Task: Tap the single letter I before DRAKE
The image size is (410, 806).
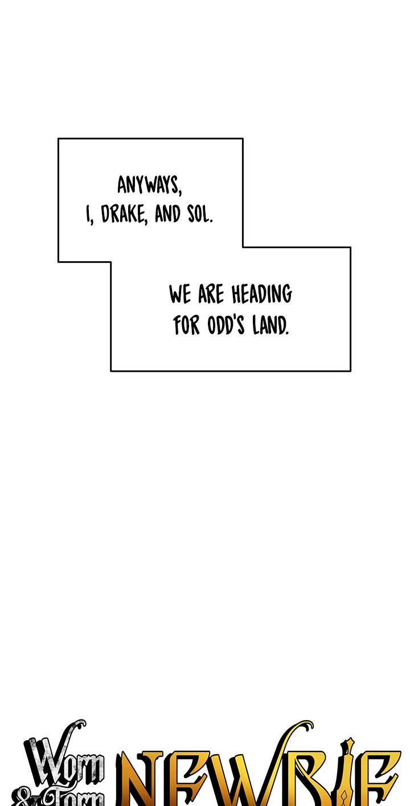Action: click(x=88, y=215)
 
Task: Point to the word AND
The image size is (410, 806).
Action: click(x=167, y=215)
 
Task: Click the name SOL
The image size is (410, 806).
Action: click(x=199, y=215)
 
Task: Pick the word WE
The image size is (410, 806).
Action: click(x=180, y=295)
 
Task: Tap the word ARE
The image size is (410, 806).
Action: click(x=211, y=295)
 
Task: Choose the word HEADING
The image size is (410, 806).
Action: click(x=261, y=295)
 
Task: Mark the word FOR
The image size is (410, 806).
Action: click(x=186, y=326)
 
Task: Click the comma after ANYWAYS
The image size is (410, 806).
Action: click(x=179, y=192)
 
